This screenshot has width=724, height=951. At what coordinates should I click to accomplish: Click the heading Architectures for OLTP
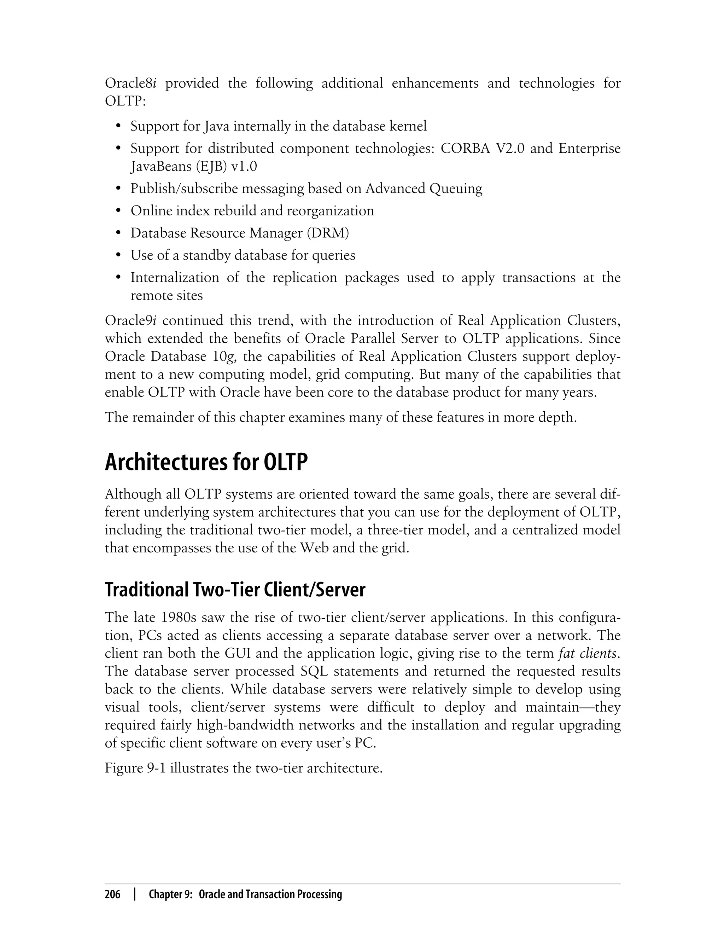(x=206, y=463)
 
